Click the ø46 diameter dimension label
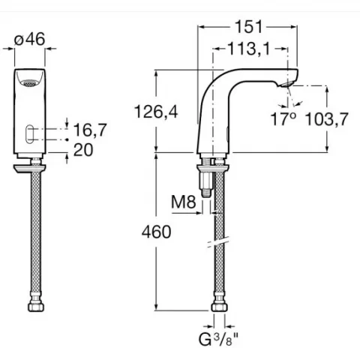[29, 39]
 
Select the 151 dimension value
[249, 27]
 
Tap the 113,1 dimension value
[250, 49]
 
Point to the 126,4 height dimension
[156, 112]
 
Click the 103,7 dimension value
[327, 119]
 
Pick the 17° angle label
[283, 119]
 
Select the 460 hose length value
[156, 232]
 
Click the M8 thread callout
[184, 202]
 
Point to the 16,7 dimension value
[90, 130]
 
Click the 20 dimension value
[83, 150]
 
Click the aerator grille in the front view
[29, 83]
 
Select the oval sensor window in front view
[29, 133]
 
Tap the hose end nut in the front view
[36, 304]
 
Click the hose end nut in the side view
[219, 304]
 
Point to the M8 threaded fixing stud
[206, 184]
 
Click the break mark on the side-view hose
[219, 242]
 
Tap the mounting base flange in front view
[30, 169]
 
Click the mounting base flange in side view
[213, 169]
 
